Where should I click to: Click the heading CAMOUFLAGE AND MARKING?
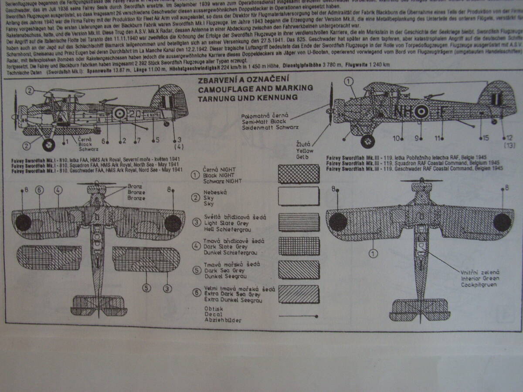pos(255,88)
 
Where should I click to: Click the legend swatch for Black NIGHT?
pos(299,173)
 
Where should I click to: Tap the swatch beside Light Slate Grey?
pos(299,222)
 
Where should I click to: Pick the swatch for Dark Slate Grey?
pos(299,246)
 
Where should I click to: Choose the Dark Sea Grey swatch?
pos(299,270)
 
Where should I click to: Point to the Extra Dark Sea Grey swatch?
pos(299,294)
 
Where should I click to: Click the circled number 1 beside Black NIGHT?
pos(196,175)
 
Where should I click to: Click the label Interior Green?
pos(480,278)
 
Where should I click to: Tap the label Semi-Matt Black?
pos(273,122)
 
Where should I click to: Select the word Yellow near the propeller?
pos(305,150)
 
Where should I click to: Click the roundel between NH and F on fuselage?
pos(421,112)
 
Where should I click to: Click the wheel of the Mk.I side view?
pos(48,144)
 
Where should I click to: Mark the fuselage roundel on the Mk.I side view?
pos(119,115)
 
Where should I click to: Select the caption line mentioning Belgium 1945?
pos(414,162)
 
